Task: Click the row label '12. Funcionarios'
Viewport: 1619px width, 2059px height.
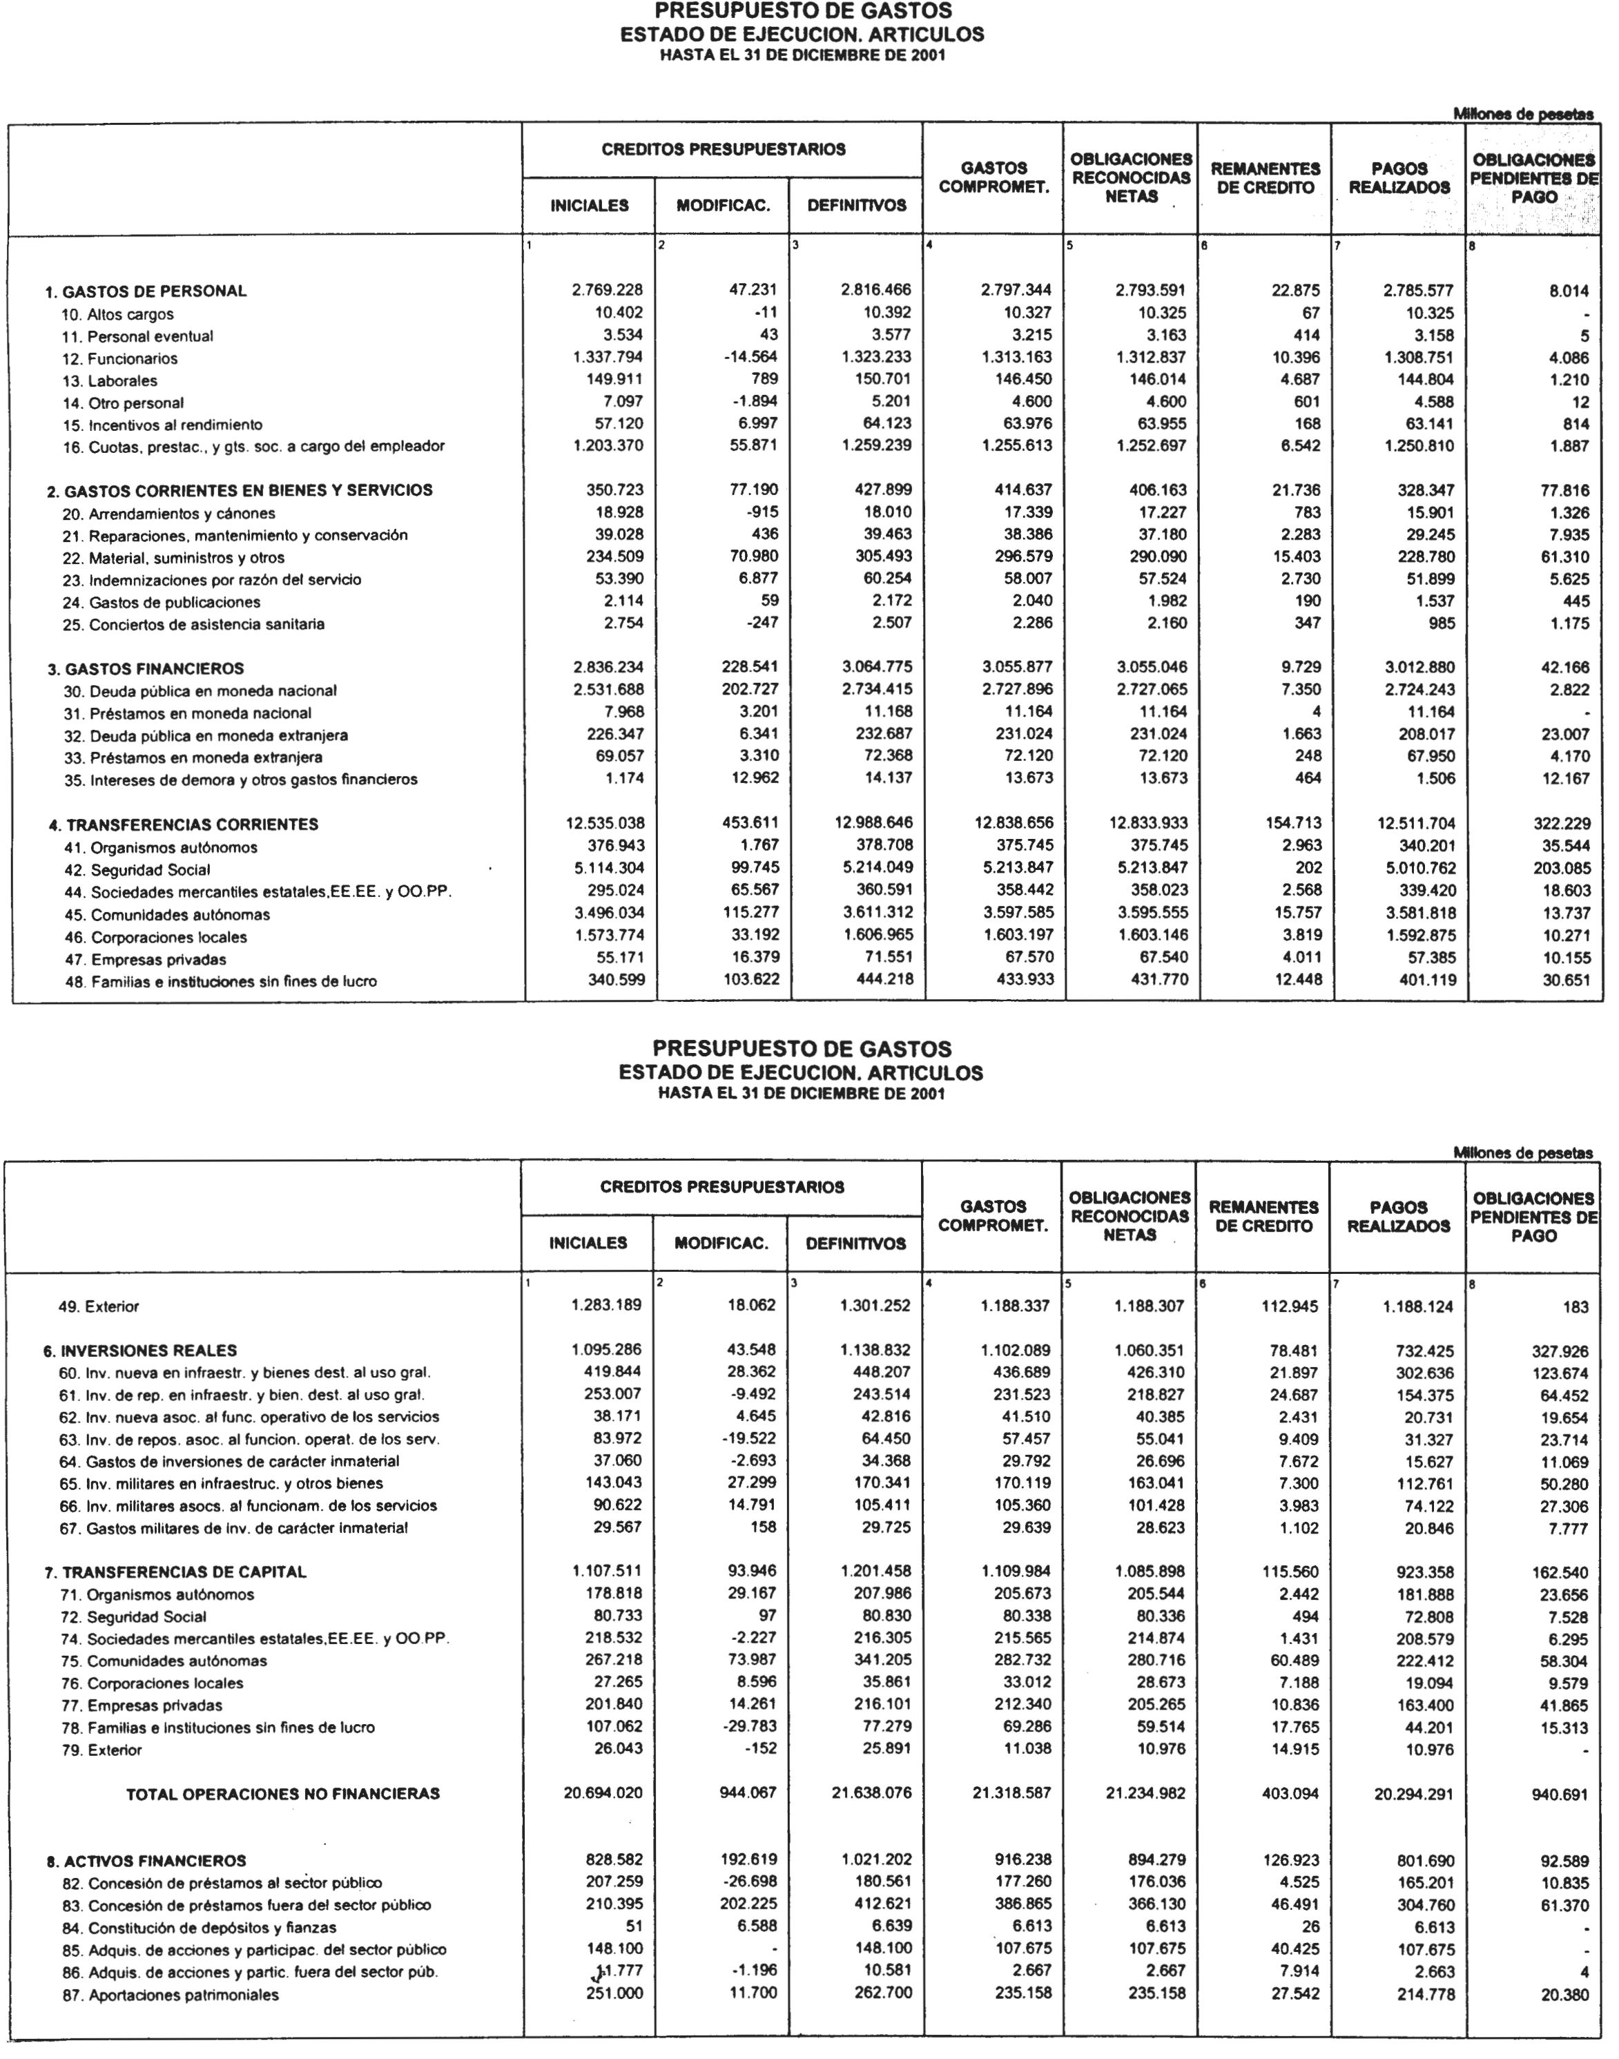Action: (120, 358)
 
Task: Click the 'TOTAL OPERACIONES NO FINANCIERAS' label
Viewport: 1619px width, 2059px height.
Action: (284, 1794)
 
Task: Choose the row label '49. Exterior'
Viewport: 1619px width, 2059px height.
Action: (99, 1306)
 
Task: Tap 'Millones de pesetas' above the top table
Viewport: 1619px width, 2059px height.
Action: (1524, 114)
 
